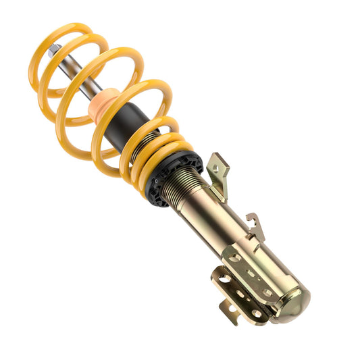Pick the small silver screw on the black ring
[x=156, y=182]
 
